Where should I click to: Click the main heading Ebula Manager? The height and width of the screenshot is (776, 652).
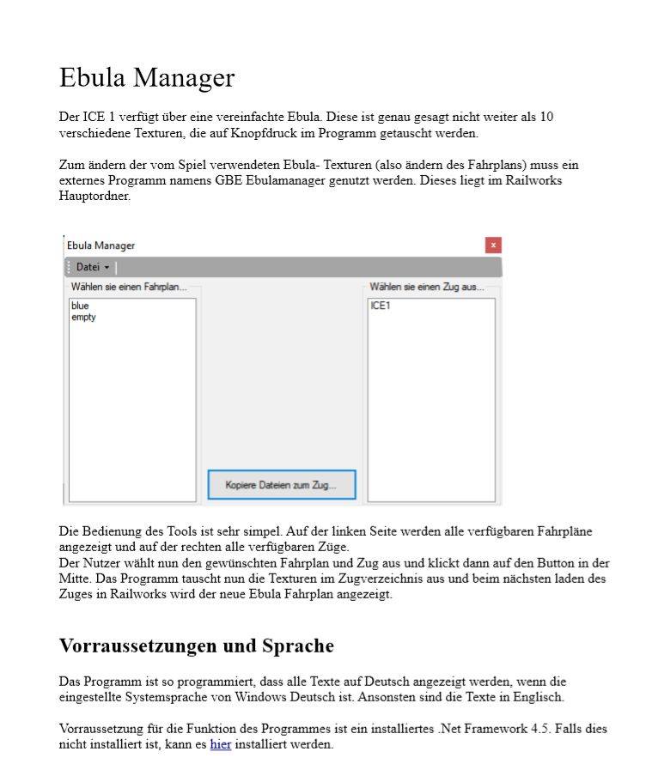pos(146,78)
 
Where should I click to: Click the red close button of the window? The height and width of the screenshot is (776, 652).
pos(493,246)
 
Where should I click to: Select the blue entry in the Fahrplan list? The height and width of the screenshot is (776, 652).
pos(80,306)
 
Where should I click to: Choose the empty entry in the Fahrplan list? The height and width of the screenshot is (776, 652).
pos(83,317)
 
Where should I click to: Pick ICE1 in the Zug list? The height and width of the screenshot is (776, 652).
pos(380,306)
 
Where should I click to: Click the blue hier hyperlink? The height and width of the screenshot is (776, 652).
pos(221,744)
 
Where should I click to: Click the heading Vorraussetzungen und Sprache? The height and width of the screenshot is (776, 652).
pos(196,646)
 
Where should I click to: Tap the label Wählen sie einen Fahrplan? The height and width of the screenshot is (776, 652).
pos(128,287)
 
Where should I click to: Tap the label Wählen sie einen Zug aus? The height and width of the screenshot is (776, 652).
pos(426,287)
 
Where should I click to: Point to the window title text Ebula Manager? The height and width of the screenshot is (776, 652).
pos(101,246)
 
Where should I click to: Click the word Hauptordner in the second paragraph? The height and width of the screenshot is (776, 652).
pos(94,196)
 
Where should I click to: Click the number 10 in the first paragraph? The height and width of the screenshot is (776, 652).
pos(545,117)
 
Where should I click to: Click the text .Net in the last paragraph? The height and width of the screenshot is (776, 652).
pos(451,729)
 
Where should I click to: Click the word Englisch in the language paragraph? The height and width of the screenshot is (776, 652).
pos(538,697)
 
